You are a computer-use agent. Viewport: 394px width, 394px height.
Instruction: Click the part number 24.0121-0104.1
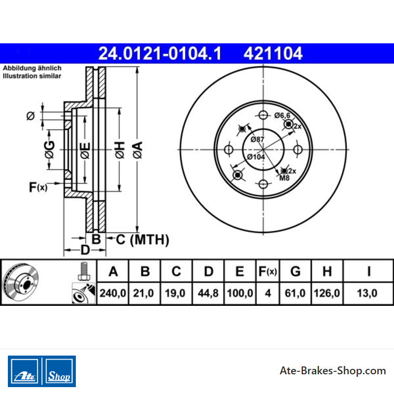point(160,54)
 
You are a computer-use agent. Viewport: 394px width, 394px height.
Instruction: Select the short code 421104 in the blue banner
point(273,54)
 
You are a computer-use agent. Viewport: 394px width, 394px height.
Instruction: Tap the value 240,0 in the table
point(113,293)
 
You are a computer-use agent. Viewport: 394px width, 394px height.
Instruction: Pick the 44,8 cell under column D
point(208,293)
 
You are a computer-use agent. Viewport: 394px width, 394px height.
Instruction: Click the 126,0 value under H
point(327,293)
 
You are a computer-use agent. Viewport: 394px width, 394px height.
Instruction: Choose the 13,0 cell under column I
point(367,293)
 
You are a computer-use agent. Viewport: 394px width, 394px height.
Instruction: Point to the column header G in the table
point(295,271)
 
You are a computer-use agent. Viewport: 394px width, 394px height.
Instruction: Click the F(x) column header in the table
point(267,271)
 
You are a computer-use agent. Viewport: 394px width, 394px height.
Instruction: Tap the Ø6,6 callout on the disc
point(282,115)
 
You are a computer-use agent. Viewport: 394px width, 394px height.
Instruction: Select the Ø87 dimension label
point(257,139)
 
